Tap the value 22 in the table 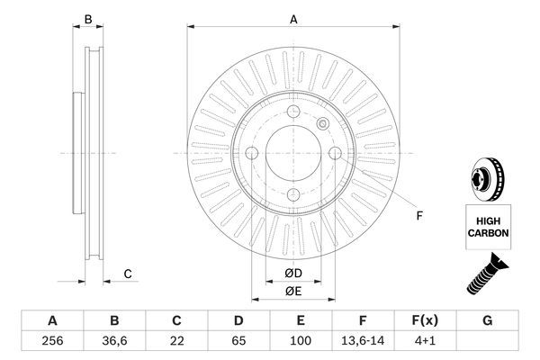pyautogui.click(x=176, y=342)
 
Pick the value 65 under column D pyautogui.click(x=239, y=342)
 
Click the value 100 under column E pyautogui.click(x=301, y=342)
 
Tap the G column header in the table pyautogui.click(x=487, y=321)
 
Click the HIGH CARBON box pyautogui.click(x=488, y=226)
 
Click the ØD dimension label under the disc pyautogui.click(x=292, y=274)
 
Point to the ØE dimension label pyautogui.click(x=292, y=290)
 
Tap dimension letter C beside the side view pyautogui.click(x=128, y=274)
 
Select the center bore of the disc pyautogui.click(x=292, y=154)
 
